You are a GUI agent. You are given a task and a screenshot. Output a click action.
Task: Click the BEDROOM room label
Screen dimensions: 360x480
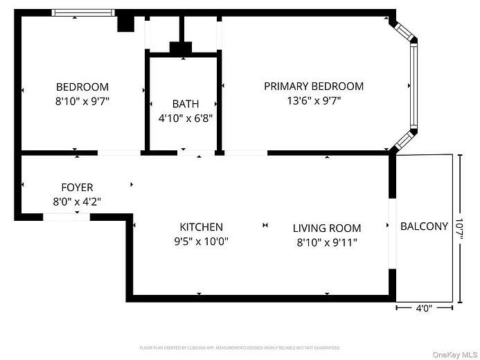pos(82,87)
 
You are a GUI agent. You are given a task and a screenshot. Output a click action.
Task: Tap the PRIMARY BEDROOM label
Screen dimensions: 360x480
pos(313,87)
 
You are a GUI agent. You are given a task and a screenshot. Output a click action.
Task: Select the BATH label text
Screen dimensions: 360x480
pos(185,104)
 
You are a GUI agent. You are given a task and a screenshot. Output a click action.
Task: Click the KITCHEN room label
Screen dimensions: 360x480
pos(201,227)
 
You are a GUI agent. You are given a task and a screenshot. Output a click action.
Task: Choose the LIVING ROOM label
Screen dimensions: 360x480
pos(326,228)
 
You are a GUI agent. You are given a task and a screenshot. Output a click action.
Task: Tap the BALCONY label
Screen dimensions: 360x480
pos(424,226)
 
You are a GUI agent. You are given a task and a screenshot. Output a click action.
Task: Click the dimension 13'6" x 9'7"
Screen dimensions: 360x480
pos(313,101)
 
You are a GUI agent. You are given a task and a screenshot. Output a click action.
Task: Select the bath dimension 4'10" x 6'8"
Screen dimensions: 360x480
pos(185,118)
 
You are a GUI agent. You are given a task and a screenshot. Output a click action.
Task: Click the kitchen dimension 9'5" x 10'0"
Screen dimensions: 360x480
pos(201,242)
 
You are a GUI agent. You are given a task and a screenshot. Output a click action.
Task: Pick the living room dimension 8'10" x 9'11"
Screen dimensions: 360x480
pos(326,242)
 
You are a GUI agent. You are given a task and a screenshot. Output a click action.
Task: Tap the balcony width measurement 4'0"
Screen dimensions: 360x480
pos(423,309)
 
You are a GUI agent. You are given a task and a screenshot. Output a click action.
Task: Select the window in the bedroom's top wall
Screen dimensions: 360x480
pos(82,12)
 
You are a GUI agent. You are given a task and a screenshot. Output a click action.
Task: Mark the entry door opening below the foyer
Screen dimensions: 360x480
pos(66,217)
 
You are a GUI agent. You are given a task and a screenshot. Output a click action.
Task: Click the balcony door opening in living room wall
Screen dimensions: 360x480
pos(392,233)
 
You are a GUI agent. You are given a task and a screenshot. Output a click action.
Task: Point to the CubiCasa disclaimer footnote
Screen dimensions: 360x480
pos(240,348)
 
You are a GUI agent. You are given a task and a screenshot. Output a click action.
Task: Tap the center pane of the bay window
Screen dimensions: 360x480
pos(414,86)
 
